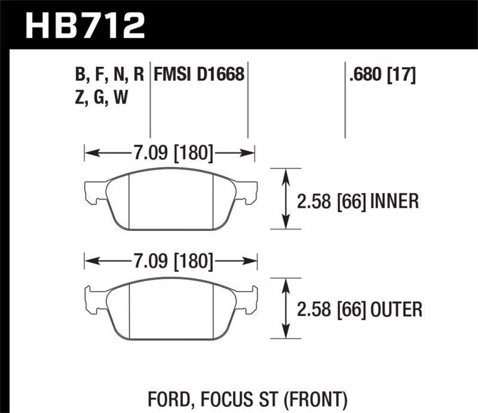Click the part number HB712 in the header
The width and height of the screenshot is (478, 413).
(x=84, y=26)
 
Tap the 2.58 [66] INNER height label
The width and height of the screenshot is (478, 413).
(x=358, y=201)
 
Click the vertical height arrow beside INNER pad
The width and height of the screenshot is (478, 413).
(x=286, y=199)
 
